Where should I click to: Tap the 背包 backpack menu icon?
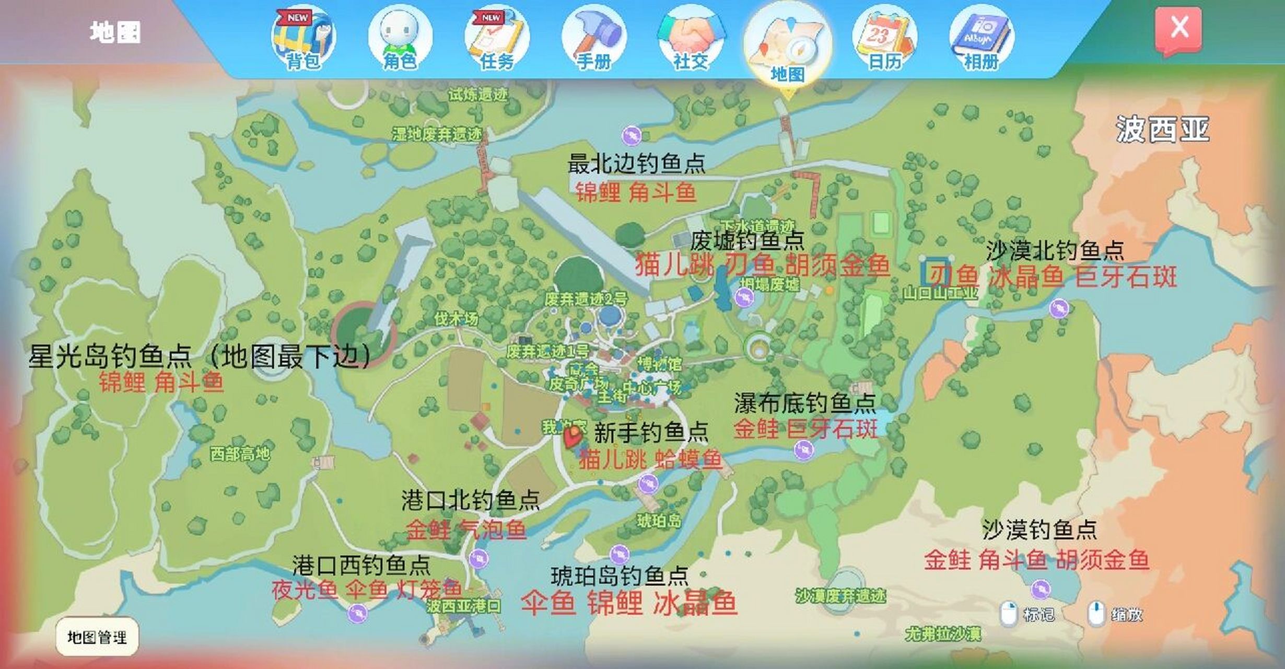(303, 38)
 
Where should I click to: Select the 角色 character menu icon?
(400, 38)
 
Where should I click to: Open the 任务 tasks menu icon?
(497, 38)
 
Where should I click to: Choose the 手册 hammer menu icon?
(593, 38)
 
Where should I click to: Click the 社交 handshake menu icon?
(691, 38)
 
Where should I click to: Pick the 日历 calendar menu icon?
(884, 38)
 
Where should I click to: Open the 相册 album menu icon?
(982, 38)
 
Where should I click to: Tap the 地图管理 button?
(97, 637)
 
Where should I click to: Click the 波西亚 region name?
(1163, 129)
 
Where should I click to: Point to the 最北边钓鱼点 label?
(636, 164)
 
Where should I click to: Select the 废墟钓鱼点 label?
(747, 241)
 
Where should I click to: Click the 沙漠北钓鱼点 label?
(1055, 251)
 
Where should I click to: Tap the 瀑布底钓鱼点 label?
(805, 403)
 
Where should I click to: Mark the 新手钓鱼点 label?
(651, 432)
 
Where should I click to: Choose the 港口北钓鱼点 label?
(470, 501)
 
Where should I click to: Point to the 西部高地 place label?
(240, 453)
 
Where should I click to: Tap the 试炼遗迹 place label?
(478, 95)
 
